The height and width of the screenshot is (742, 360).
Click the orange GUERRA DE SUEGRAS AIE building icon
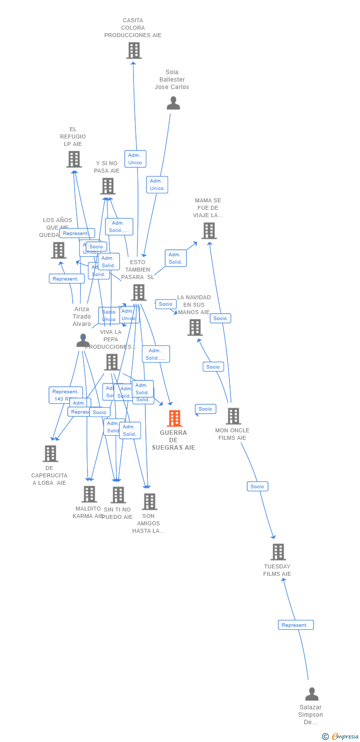click(174, 418)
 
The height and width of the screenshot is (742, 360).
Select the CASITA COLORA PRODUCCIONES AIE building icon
click(134, 50)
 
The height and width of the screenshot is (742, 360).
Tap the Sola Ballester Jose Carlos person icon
click(173, 103)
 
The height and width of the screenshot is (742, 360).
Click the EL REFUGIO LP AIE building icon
click(74, 159)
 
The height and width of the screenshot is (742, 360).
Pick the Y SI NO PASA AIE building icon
click(107, 186)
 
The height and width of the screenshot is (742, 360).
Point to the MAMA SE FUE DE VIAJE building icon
click(209, 231)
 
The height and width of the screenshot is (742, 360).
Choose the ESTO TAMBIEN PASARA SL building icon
click(138, 292)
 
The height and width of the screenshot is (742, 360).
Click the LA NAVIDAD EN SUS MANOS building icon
click(195, 327)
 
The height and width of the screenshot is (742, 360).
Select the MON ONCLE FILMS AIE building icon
click(233, 416)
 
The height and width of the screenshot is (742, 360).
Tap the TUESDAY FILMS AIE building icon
click(278, 552)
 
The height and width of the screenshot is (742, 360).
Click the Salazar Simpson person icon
click(312, 694)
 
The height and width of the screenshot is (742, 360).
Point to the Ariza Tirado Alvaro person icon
click(83, 340)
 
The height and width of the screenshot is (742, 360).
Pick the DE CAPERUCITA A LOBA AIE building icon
click(50, 453)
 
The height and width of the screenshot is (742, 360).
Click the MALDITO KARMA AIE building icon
click(89, 494)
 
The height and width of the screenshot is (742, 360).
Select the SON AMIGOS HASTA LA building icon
click(149, 502)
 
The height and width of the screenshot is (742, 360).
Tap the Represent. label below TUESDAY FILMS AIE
click(295, 625)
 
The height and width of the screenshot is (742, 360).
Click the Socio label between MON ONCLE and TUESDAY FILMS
click(257, 487)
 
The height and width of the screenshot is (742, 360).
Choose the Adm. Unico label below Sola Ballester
click(157, 185)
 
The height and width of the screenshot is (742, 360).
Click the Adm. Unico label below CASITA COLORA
click(135, 159)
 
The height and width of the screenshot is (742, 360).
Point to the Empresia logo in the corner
click(341, 736)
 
